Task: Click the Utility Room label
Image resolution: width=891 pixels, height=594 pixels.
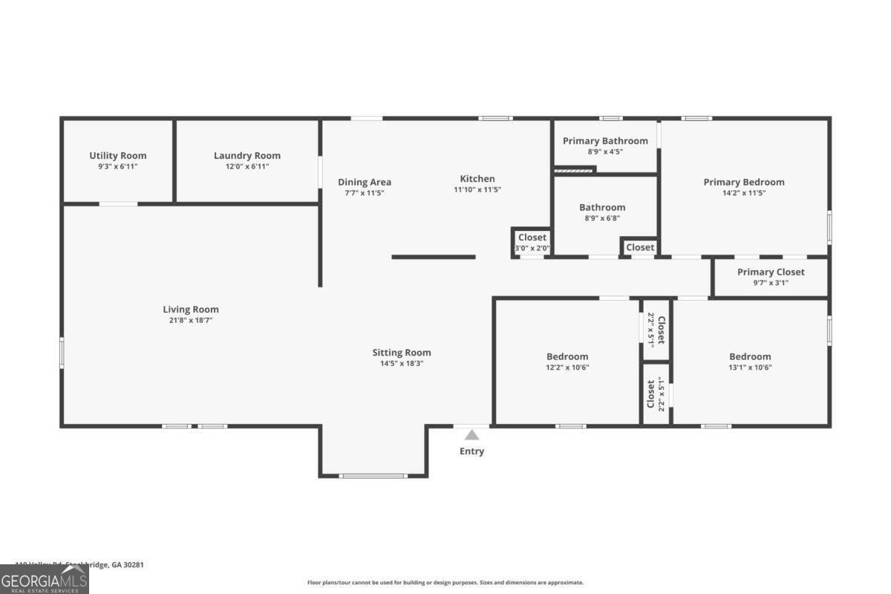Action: coord(118,155)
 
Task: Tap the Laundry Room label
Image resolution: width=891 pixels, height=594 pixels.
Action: coord(247,155)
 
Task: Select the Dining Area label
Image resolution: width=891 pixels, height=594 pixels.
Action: coord(365,182)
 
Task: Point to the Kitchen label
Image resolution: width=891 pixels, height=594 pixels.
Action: coord(477,178)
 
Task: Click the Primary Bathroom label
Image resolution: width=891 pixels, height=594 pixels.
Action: coord(605,140)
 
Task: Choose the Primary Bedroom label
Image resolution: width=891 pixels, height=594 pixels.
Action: coord(744,182)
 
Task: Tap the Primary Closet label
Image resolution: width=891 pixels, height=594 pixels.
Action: coord(771,272)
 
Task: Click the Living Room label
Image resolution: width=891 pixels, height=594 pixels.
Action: coord(191,310)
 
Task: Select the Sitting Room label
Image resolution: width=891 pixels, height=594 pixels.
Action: coord(402,353)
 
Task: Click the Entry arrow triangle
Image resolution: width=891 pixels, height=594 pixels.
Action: coord(472,435)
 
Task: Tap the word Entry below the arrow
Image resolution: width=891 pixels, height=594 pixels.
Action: coord(472,451)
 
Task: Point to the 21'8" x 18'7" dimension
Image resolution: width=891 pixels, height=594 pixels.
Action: coord(191,321)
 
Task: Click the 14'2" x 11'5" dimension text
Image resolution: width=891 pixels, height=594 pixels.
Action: coord(744,193)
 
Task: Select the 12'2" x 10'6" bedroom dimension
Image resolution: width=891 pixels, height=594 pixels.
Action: coord(567,368)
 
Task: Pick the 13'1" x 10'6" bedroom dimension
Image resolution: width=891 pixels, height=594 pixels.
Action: coord(750,368)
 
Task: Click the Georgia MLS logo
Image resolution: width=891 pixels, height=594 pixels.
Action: coord(45,578)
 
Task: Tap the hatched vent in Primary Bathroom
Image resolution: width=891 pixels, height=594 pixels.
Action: coord(575,170)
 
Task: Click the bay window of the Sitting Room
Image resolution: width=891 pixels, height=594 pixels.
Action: coord(373,475)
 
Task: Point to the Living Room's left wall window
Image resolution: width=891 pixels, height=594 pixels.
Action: coord(62,352)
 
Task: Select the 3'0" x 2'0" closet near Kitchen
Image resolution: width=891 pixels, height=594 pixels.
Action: coord(532,248)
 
